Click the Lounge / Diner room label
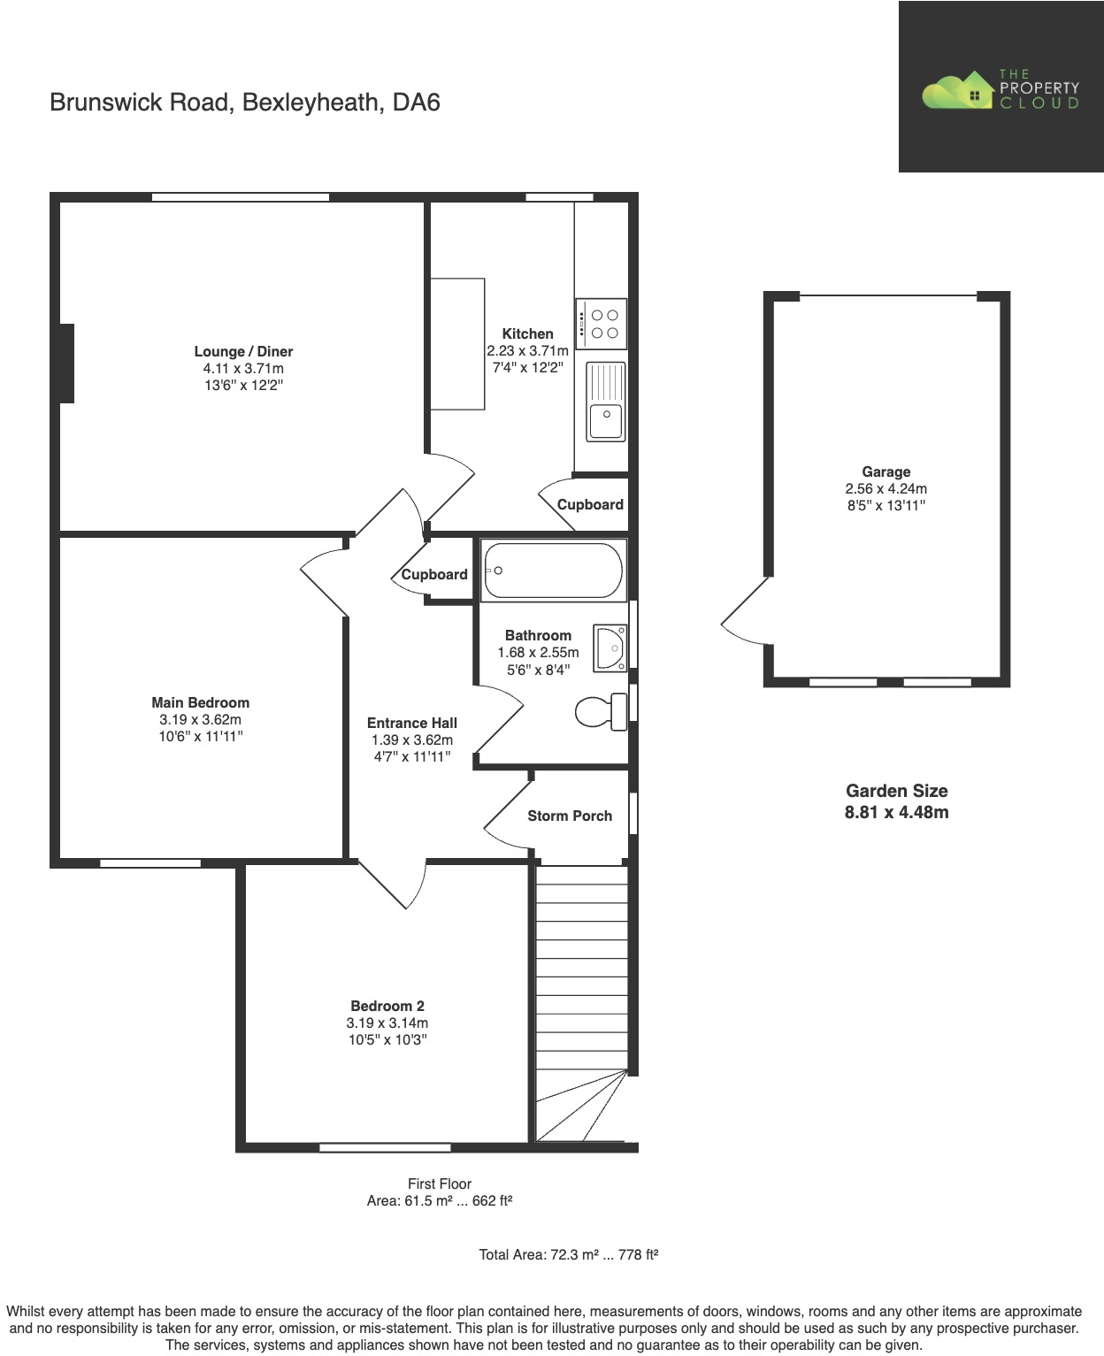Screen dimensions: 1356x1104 click(243, 352)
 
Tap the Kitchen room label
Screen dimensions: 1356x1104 click(527, 334)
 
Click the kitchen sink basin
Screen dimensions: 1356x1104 click(607, 420)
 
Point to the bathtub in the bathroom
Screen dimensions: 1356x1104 click(553, 571)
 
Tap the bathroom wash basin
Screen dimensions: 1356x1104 click(610, 648)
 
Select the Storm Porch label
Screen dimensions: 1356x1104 click(570, 816)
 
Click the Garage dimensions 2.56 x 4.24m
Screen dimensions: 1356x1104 click(885, 489)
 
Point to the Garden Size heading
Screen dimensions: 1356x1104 click(896, 791)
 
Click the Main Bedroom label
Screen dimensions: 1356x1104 click(200, 703)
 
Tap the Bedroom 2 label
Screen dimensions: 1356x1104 click(387, 1006)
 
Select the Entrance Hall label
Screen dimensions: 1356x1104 click(411, 723)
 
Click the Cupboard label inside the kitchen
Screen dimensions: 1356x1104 click(590, 505)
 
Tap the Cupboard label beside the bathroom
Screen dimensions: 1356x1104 click(433, 575)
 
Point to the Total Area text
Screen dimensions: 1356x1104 click(569, 1254)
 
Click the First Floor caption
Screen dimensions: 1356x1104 click(440, 1184)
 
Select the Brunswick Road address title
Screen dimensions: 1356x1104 click(245, 103)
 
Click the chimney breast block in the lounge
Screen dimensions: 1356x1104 click(67, 364)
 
